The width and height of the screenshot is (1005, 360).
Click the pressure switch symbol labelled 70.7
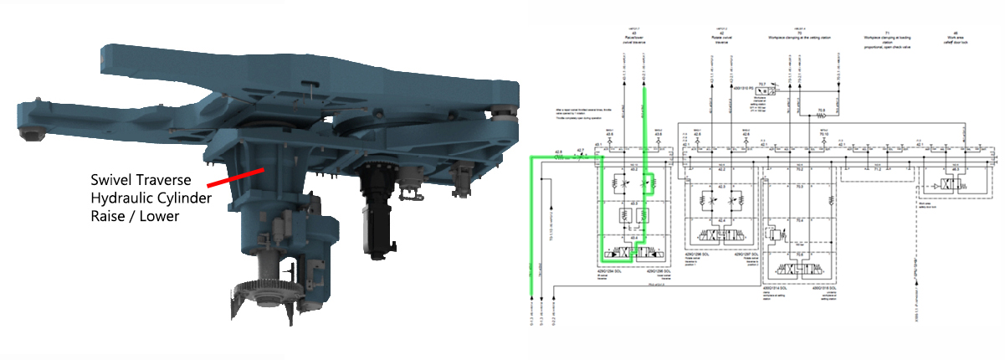pyautogui.click(x=762, y=87)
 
